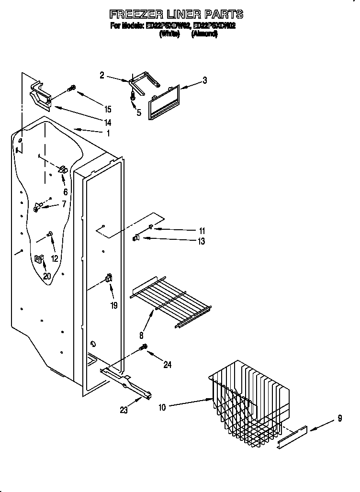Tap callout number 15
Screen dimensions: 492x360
(x=108, y=110)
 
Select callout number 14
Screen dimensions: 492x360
(x=108, y=123)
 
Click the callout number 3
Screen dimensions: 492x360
(x=204, y=80)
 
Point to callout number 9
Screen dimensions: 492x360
(x=339, y=418)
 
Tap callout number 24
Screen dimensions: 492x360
(x=167, y=365)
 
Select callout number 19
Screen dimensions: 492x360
(x=114, y=305)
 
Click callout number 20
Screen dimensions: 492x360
(x=46, y=276)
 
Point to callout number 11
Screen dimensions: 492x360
(x=202, y=231)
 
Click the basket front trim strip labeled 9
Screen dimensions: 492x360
(x=292, y=437)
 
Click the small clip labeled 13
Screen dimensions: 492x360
(x=136, y=237)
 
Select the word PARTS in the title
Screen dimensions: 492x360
(x=225, y=14)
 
